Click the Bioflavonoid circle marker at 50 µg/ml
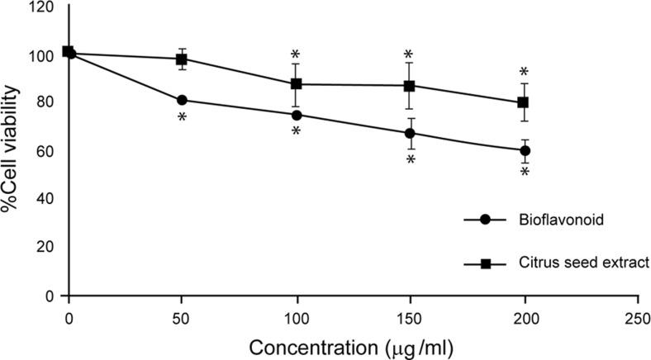(182, 100)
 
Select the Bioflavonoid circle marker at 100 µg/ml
(296, 115)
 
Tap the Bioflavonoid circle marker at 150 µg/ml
(409, 133)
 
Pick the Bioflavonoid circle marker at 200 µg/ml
(523, 150)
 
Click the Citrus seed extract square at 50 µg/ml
(182, 59)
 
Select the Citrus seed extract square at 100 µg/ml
(296, 84)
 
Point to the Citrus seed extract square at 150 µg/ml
(409, 86)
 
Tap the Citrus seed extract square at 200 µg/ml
(523, 102)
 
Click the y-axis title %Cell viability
(11, 153)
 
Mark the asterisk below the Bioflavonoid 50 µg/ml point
(182, 117)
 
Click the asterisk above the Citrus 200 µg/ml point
(523, 72)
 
